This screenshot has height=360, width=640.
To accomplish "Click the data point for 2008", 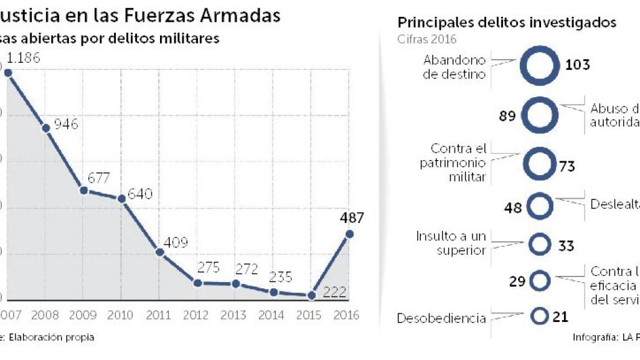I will click(45, 128).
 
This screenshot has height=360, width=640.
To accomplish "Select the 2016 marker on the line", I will click(349, 234).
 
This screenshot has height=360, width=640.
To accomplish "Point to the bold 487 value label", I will click(352, 218).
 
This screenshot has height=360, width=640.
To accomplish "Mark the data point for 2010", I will click(122, 198).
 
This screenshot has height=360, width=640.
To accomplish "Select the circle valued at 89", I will click(539, 115).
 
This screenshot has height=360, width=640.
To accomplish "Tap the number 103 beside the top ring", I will click(577, 65).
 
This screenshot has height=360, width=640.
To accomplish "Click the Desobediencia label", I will click(441, 318).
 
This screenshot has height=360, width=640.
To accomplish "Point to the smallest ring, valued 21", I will click(539, 316).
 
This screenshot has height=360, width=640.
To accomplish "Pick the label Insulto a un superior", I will click(451, 244).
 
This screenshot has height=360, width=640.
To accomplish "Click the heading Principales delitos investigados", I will click(507, 22).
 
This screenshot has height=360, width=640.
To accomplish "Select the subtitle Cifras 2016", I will click(426, 39).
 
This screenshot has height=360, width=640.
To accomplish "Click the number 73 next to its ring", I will click(567, 166).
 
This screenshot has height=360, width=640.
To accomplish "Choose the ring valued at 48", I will click(539, 207).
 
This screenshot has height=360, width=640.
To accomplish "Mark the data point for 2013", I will click(236, 283).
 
